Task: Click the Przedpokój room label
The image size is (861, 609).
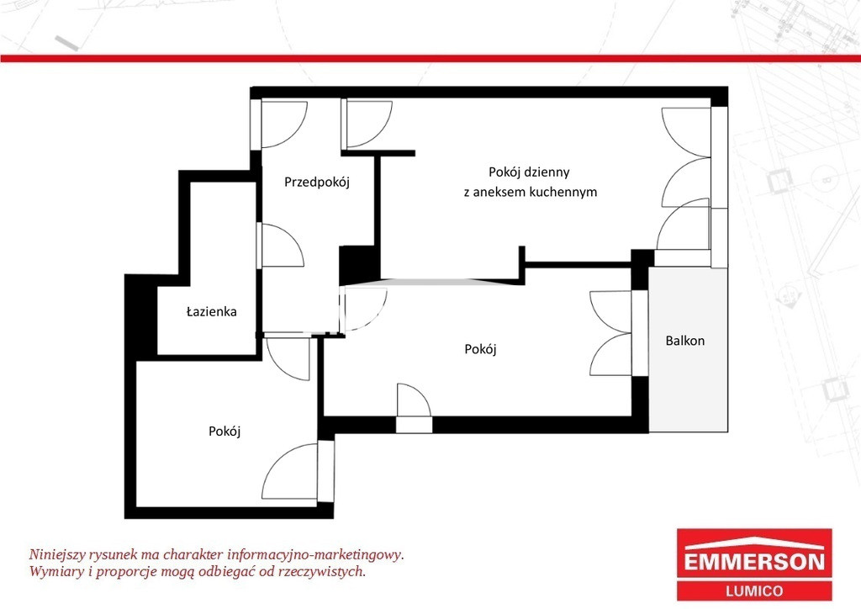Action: (317, 182)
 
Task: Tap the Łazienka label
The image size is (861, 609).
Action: (211, 311)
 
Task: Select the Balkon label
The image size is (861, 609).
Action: (684, 341)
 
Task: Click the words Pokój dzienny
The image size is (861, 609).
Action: (529, 172)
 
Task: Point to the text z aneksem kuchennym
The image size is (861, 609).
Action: (531, 192)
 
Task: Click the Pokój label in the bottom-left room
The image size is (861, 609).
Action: (224, 432)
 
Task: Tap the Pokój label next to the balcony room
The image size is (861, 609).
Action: (480, 349)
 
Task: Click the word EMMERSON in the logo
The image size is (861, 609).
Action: (754, 562)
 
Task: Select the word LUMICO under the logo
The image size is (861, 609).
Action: (754, 591)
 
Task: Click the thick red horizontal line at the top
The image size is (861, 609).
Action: (430, 58)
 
